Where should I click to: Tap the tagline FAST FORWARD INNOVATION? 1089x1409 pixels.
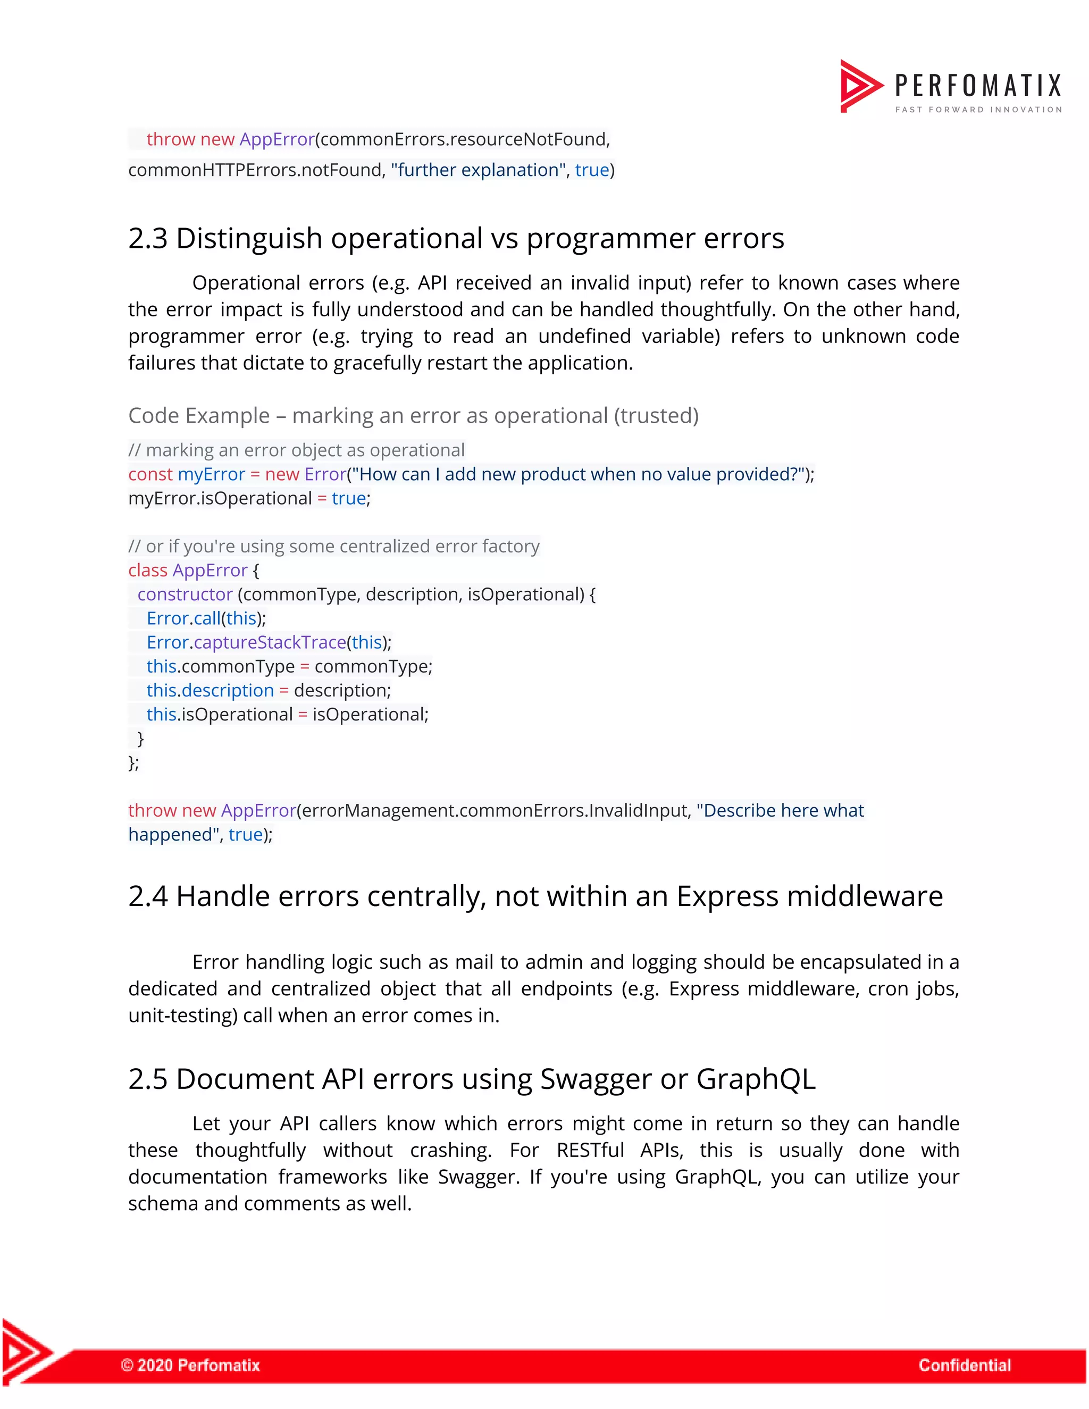pyautogui.click(x=978, y=110)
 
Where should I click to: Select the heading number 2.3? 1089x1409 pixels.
pyautogui.click(x=148, y=239)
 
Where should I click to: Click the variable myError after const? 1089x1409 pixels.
pyautogui.click(x=211, y=474)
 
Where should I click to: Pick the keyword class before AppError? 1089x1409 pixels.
pyautogui.click(x=148, y=571)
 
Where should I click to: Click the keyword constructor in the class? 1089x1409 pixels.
pyautogui.click(x=185, y=594)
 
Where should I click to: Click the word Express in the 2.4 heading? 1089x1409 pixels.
pyautogui.click(x=727, y=897)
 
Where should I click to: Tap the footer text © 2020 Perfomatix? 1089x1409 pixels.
pyautogui.click(x=190, y=1364)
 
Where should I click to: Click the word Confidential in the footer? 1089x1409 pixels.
pyautogui.click(x=965, y=1364)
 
